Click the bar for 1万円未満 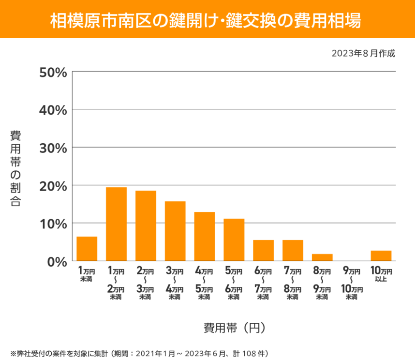[x=87, y=249]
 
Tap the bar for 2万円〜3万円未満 [x=146, y=226]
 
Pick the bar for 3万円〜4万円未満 [x=175, y=231]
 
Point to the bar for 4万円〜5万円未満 [x=205, y=237]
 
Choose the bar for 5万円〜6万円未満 [x=234, y=240]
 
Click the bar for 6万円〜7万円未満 [x=264, y=251]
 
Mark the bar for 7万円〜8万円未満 [x=293, y=251]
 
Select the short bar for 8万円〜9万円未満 [x=322, y=257]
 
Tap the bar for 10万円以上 [x=381, y=256]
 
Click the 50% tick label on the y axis [x=53, y=72]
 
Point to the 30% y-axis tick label [x=53, y=148]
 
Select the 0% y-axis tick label [x=57, y=262]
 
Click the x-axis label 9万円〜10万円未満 [x=352, y=283]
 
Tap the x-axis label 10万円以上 [x=381, y=274]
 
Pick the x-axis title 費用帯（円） [x=234, y=328]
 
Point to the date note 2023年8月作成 [x=363, y=53]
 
